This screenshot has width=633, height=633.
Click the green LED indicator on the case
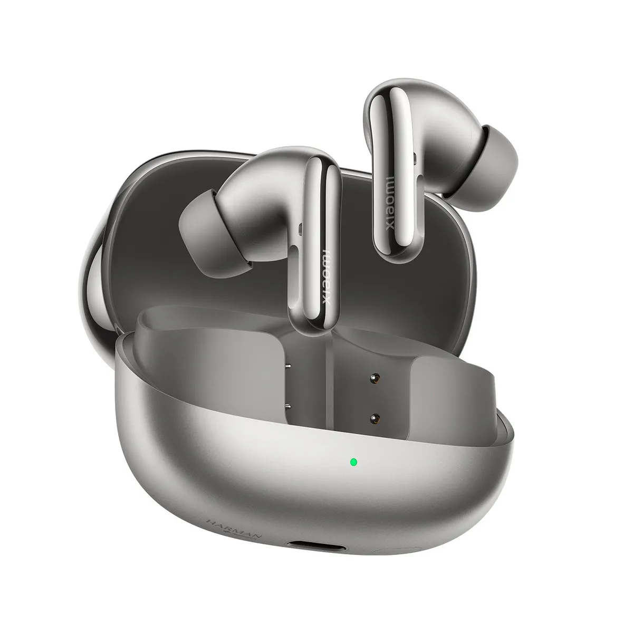tap(353, 463)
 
